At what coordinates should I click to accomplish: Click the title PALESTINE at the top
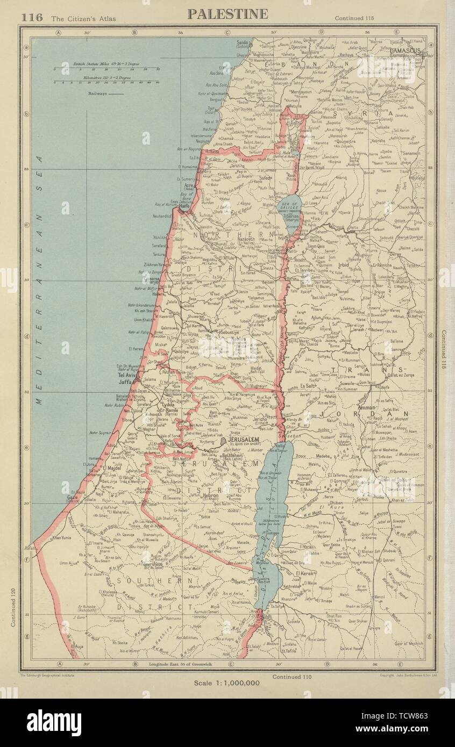228,13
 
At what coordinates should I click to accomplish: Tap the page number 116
32,17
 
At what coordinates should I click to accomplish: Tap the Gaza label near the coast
72,498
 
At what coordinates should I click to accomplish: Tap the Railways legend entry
104,93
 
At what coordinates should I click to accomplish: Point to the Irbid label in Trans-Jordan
343,265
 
